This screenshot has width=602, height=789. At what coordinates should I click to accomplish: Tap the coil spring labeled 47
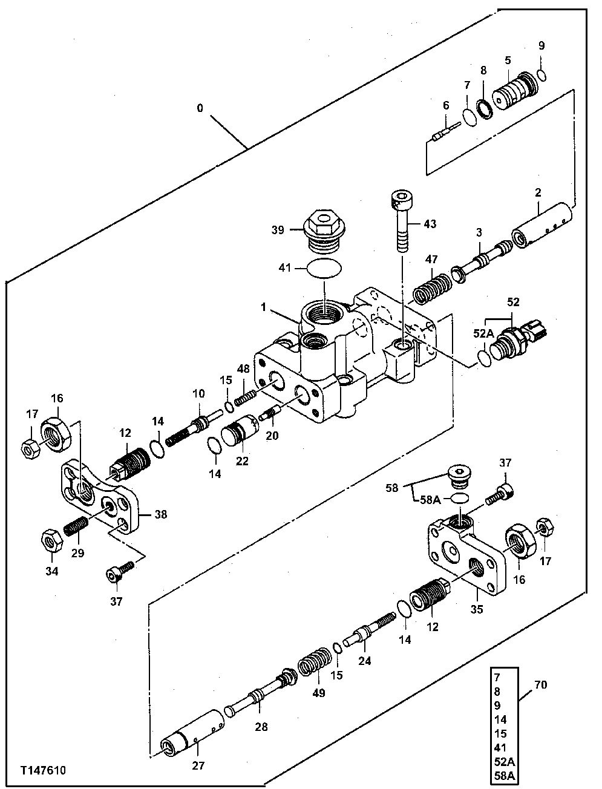pos(432,287)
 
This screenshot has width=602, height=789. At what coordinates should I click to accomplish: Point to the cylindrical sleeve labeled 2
pos(543,228)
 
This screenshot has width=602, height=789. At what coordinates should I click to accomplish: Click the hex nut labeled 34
pos(51,539)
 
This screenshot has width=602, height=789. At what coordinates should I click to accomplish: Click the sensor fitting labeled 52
pos(520,341)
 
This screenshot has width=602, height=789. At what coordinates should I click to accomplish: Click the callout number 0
pos(200,108)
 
